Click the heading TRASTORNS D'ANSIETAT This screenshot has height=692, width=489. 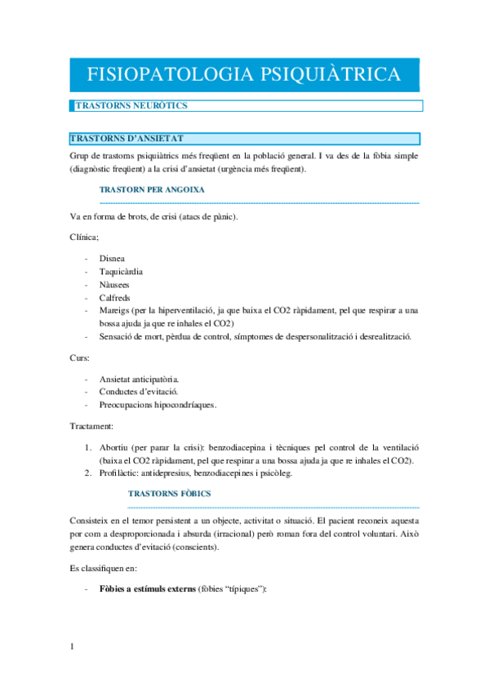131,139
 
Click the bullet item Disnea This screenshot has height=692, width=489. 112,259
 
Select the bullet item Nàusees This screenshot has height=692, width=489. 115,285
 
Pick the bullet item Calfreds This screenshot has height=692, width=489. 115,298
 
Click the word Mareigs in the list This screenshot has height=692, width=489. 115,311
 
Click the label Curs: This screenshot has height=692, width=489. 81,357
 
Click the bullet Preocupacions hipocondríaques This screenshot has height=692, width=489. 158,406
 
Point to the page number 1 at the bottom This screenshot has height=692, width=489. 72,647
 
